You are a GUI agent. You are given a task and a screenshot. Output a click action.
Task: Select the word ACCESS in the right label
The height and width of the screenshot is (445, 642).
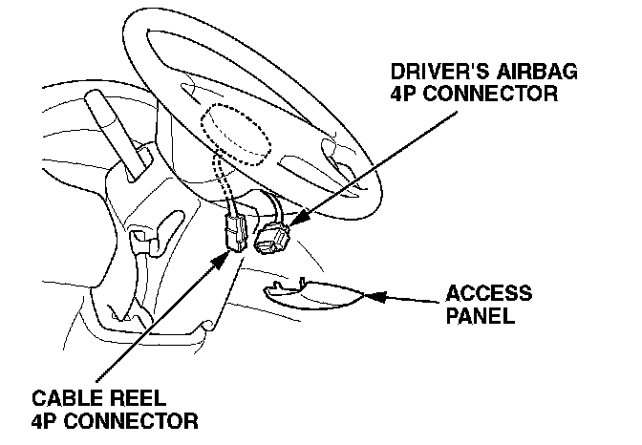pos(489,293)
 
